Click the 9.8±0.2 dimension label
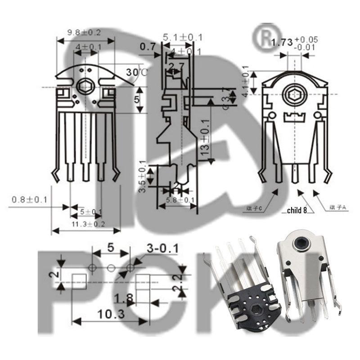(84, 32)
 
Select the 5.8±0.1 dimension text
(180, 200)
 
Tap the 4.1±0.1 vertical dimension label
(246, 80)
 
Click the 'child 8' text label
(297, 210)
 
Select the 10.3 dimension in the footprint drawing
(110, 315)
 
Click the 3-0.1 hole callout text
(162, 248)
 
